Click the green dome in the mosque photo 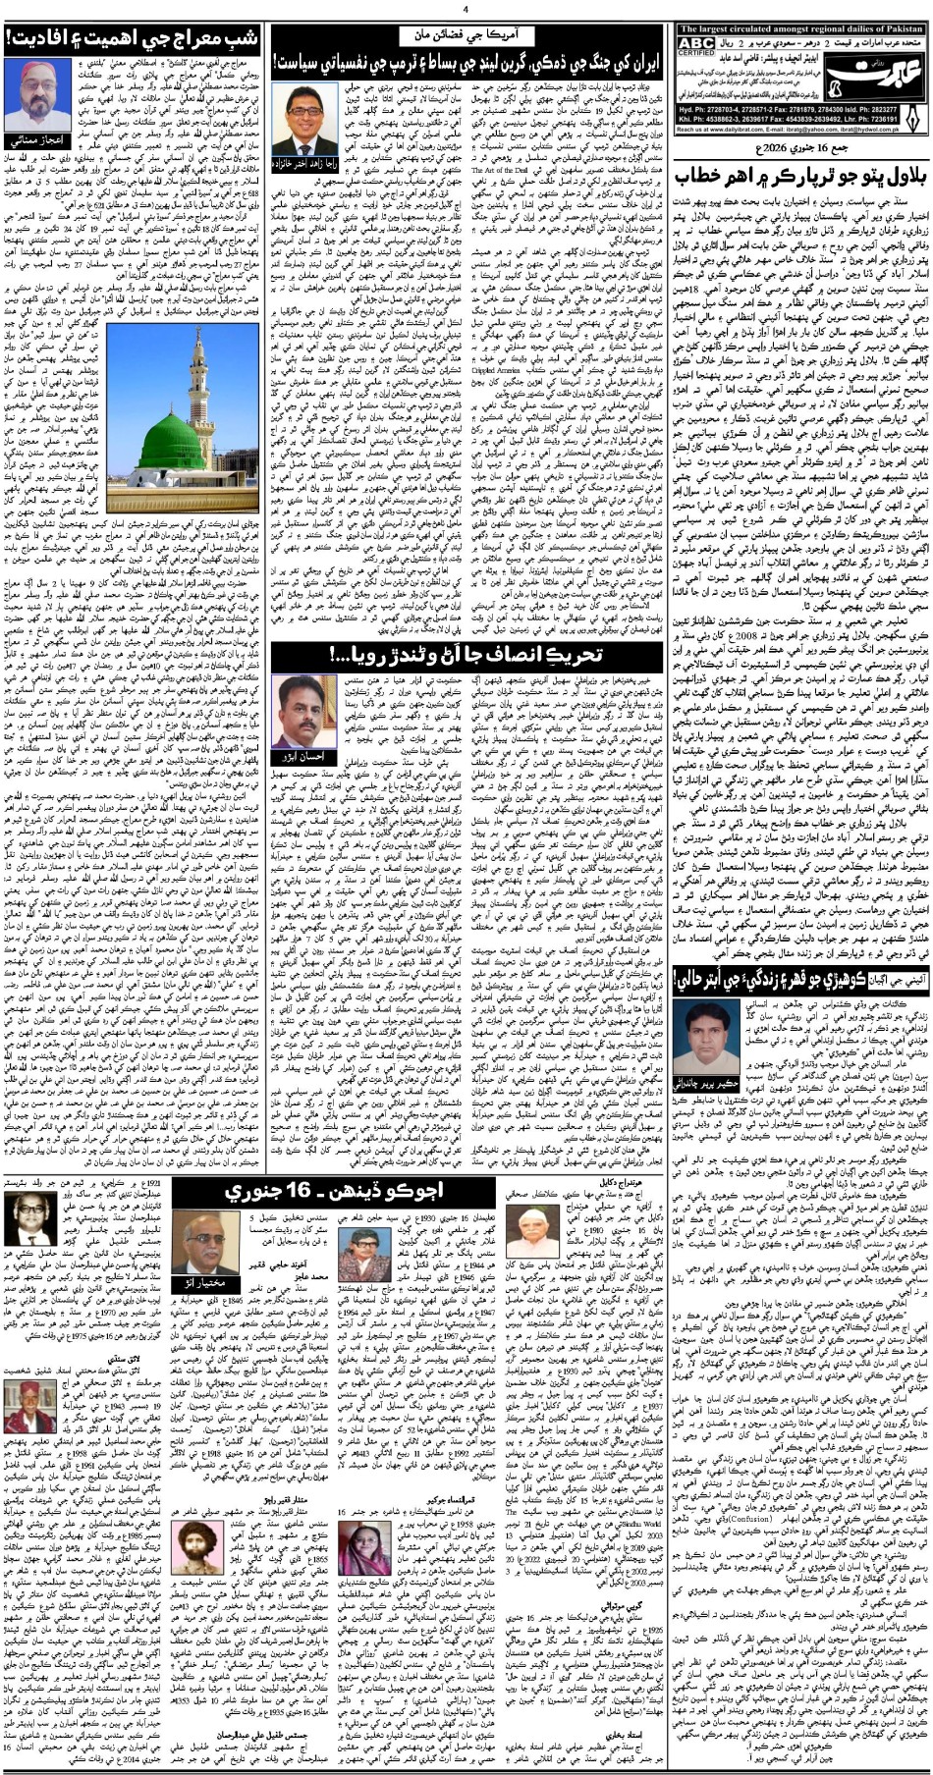(x=133, y=510)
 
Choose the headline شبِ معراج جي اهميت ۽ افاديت (x=134, y=38)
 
